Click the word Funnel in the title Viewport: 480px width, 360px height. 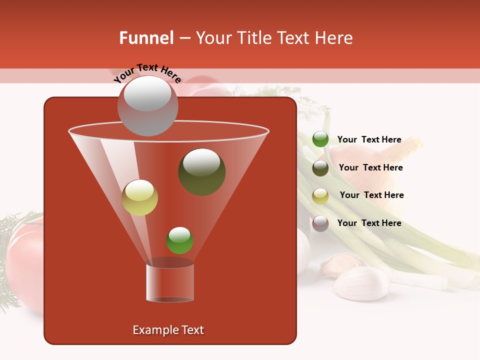[146, 38]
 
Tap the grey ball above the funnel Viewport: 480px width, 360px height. [147, 106]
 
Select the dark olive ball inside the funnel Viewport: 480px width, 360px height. [202, 171]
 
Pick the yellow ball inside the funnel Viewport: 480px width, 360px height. [139, 197]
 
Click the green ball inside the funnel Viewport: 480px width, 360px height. [179, 240]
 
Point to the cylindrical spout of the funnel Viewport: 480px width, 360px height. [170, 282]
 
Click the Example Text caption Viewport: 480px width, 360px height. [168, 330]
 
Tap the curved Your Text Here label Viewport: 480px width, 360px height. [147, 72]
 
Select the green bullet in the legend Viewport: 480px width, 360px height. [320, 139]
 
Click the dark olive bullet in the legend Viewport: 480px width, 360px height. [320, 168]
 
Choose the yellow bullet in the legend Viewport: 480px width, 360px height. [320, 196]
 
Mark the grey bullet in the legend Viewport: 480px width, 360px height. [320, 223]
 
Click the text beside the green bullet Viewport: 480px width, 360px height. [369, 139]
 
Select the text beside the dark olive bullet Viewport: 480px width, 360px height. [370, 167]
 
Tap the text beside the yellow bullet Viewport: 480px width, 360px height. [371, 195]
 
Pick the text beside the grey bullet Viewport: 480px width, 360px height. [369, 223]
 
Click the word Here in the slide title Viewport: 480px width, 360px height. [334, 38]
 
